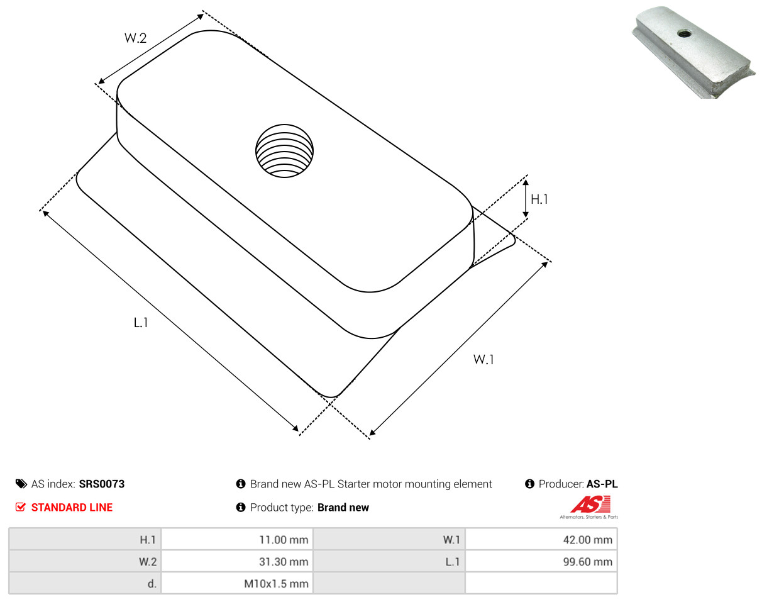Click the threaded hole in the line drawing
[x=284, y=150]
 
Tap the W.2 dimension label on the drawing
[x=135, y=38]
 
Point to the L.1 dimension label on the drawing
[x=141, y=323]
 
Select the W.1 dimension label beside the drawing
[x=483, y=360]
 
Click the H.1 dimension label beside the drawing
[x=539, y=199]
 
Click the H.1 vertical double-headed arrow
[x=526, y=198]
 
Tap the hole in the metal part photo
[x=684, y=34]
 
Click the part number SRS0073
[x=102, y=484]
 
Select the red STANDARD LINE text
[x=72, y=508]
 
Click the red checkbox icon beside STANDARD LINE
[x=21, y=507]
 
